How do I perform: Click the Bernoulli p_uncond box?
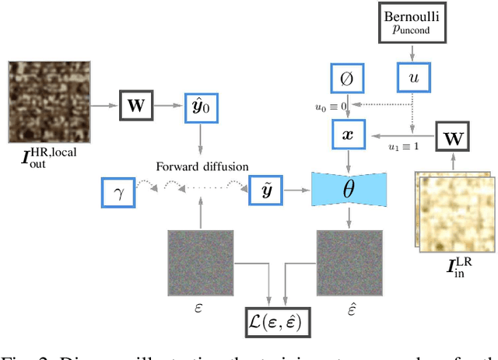(412, 23)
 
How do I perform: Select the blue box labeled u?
(412, 78)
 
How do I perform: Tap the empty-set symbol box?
(347, 78)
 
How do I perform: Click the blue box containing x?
(348, 133)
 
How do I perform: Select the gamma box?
(118, 193)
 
